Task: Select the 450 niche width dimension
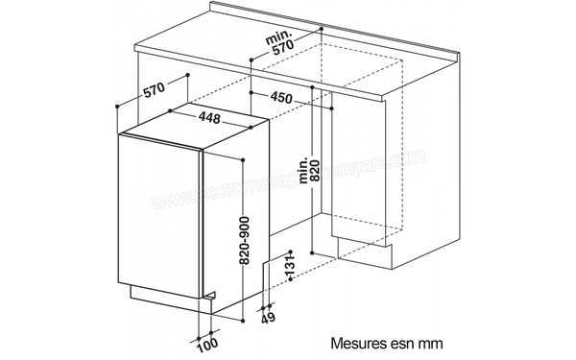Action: tap(282, 97)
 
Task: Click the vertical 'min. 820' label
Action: tap(307, 169)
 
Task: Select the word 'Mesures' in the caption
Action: tap(357, 340)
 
